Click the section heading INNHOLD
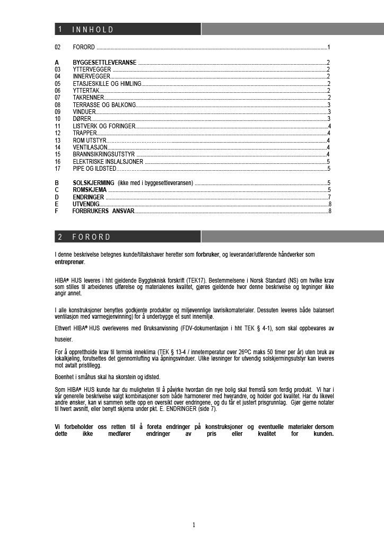93,29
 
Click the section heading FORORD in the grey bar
91,237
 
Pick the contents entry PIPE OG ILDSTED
94,169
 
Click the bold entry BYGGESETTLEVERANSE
104,63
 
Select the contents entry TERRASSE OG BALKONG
104,105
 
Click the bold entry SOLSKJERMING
93,183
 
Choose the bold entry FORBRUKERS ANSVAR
103,211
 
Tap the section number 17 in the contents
58,169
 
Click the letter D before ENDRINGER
57,197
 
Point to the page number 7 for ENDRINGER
329,197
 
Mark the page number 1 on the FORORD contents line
329,47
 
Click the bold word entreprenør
69,262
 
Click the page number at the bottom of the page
194,525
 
